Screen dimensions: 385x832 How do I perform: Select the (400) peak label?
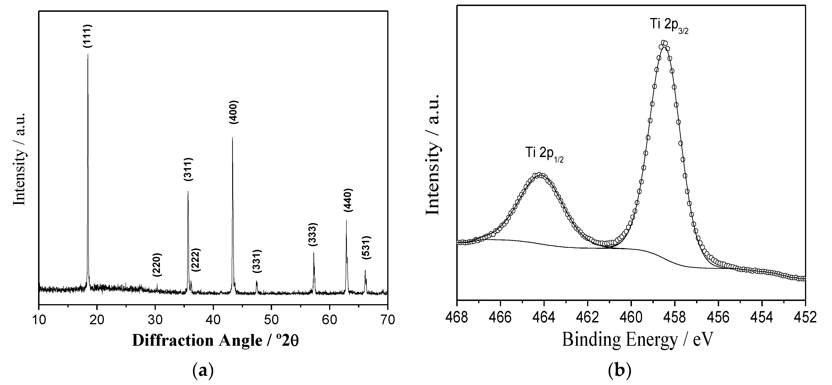[233, 112]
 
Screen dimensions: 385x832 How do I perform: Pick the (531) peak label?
[366, 248]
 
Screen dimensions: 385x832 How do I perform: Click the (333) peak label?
[313, 234]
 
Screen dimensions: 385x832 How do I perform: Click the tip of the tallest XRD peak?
[88, 54]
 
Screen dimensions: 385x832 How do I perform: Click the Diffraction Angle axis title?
[215, 340]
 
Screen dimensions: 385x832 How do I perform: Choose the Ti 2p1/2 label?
[544, 153]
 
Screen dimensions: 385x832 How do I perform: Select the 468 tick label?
[457, 317]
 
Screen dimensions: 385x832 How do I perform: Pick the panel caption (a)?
[203, 371]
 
